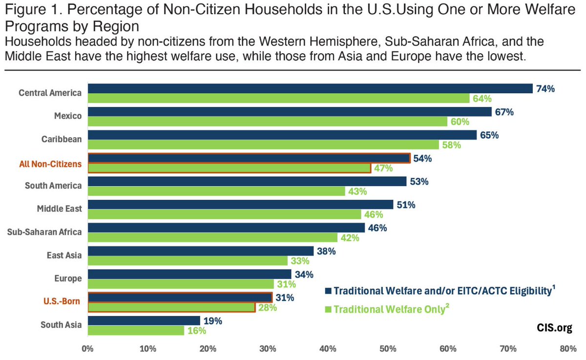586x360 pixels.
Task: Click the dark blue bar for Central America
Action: (310, 88)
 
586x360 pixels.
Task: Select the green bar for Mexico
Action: (268, 121)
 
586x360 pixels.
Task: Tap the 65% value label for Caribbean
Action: (489, 135)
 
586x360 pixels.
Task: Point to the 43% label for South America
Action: (357, 191)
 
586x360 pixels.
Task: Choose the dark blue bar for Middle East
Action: (240, 205)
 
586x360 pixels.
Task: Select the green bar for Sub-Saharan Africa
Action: (212, 238)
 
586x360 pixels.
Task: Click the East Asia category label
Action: (64, 255)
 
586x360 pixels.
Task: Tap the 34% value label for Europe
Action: (303, 274)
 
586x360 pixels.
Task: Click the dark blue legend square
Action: (328, 291)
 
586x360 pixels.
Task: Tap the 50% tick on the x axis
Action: (388, 349)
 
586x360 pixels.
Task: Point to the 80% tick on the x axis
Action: (568, 349)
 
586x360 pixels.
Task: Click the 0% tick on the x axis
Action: (87, 349)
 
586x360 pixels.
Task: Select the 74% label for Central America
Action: (545, 89)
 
